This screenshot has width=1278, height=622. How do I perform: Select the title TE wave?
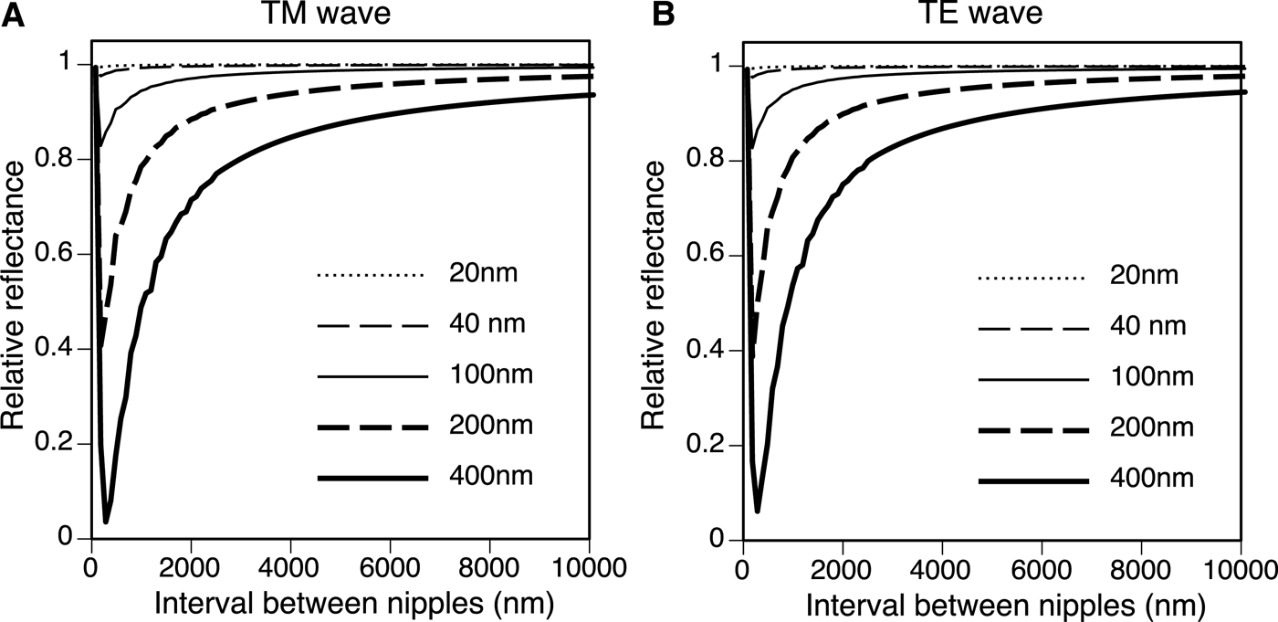tap(991, 16)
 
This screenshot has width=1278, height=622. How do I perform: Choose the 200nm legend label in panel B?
tap(1145, 427)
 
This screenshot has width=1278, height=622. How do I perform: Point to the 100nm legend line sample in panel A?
tap(372, 376)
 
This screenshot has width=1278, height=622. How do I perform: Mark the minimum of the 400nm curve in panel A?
tap(107, 522)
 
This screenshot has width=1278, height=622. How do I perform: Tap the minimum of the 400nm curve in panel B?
tap(758, 510)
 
